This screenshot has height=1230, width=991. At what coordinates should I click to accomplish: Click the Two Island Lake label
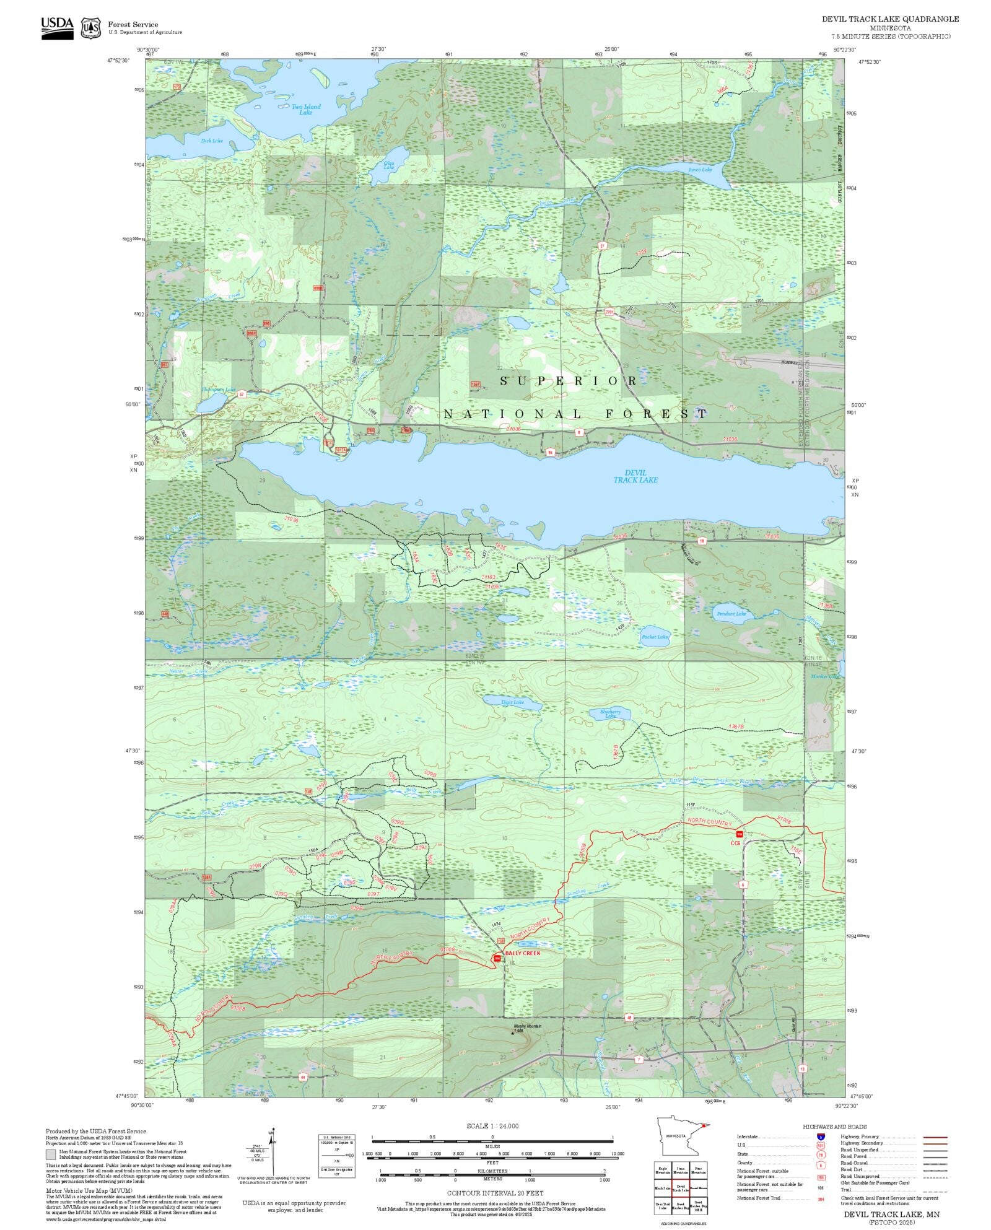(x=306, y=110)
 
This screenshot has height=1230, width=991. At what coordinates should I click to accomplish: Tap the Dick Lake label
(x=212, y=141)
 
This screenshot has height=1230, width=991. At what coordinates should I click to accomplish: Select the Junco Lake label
(x=700, y=169)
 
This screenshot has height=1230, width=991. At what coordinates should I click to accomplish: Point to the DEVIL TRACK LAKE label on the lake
(x=635, y=476)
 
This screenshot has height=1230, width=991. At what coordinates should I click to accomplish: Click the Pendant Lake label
(x=731, y=614)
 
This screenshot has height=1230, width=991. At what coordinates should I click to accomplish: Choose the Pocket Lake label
(x=655, y=637)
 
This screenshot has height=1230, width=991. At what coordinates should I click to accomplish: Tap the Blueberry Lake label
(x=610, y=713)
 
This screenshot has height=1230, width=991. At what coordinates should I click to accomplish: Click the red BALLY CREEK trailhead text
(x=522, y=953)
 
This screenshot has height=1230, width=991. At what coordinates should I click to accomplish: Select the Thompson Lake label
(x=218, y=390)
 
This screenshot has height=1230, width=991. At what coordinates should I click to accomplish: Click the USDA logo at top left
(x=57, y=28)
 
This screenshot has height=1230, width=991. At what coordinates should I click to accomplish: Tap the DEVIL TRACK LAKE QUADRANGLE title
(x=890, y=19)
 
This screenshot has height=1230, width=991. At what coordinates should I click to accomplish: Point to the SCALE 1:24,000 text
(x=492, y=1126)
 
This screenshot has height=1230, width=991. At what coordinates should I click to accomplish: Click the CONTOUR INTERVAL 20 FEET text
(x=495, y=1193)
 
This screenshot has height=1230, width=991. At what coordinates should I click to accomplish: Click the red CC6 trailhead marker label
(x=735, y=843)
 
